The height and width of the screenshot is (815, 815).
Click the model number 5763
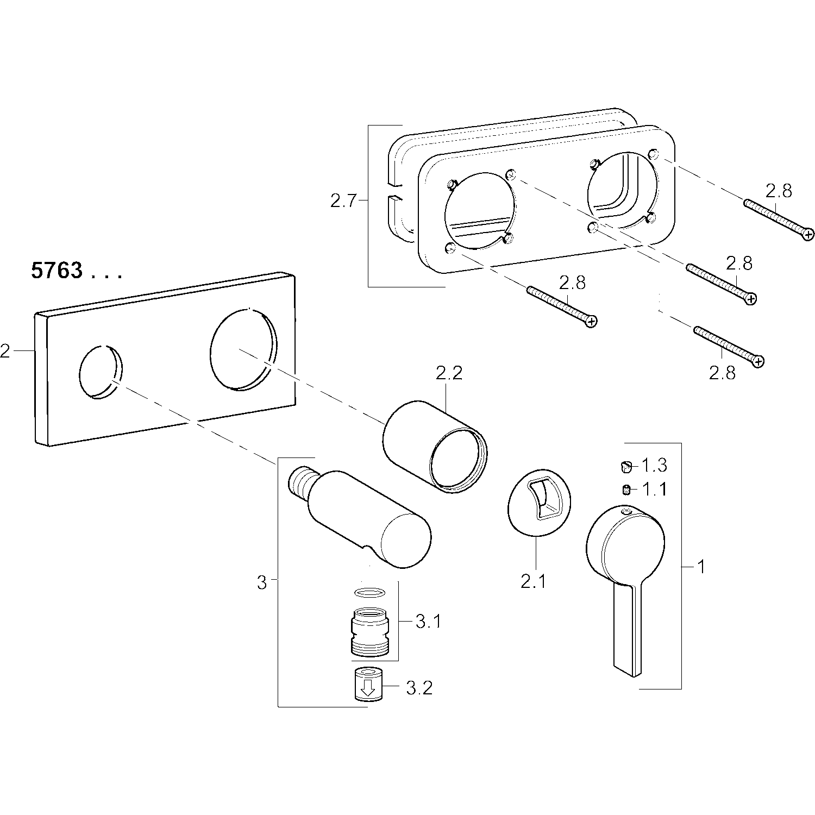tap(57, 271)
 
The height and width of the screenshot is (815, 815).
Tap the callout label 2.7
tap(343, 202)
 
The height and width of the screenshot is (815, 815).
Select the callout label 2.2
tap(449, 373)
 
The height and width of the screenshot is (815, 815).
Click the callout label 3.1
tap(428, 622)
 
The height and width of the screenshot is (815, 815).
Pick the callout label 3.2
tap(419, 688)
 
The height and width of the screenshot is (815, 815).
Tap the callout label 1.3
tap(654, 465)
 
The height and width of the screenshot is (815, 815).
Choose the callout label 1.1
tap(654, 490)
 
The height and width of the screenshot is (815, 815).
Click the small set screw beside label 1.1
tap(626, 490)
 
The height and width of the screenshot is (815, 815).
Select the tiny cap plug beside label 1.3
tap(626, 465)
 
